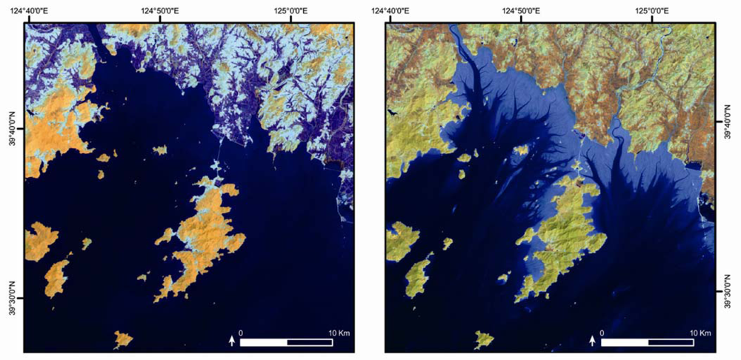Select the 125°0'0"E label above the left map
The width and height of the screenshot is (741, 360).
pyautogui.click(x=290, y=10)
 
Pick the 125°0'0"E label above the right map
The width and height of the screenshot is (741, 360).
pyautogui.click(x=651, y=10)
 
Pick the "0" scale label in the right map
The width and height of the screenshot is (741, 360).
pyautogui.click(x=602, y=333)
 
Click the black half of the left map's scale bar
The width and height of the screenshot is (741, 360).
pyautogui.click(x=310, y=342)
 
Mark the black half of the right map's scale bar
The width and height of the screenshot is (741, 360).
pyautogui.click(x=671, y=342)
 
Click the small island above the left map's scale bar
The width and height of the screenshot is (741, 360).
pyautogui.click(x=123, y=339)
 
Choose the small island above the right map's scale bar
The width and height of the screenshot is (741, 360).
pyautogui.click(x=485, y=339)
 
